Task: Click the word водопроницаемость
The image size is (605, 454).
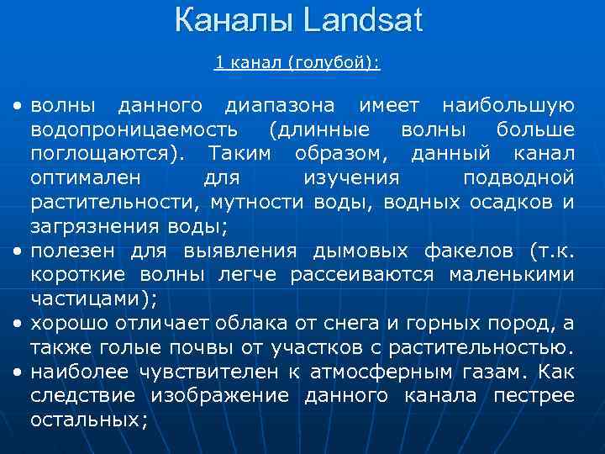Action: (x=134, y=131)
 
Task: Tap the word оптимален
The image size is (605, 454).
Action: (x=87, y=179)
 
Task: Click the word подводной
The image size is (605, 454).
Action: (x=518, y=179)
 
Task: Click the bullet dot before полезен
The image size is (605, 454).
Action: (x=17, y=251)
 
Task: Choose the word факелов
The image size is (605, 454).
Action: (x=470, y=251)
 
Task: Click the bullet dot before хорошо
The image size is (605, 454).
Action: (x=17, y=324)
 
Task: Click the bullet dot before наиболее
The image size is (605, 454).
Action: (x=17, y=372)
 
